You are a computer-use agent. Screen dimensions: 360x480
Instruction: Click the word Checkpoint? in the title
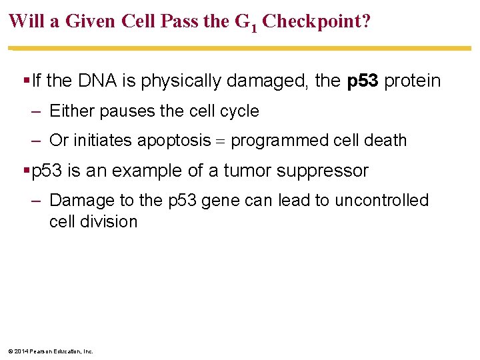point(317,21)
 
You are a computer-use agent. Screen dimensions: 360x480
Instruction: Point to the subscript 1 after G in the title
point(254,27)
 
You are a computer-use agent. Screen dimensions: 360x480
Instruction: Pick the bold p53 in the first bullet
point(363,81)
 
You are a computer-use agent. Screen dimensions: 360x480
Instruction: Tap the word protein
point(413,81)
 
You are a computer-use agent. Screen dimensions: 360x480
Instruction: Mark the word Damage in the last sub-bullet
point(79,201)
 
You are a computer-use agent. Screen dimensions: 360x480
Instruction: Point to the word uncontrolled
point(383,201)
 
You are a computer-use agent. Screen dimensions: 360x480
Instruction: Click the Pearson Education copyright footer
point(51,351)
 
